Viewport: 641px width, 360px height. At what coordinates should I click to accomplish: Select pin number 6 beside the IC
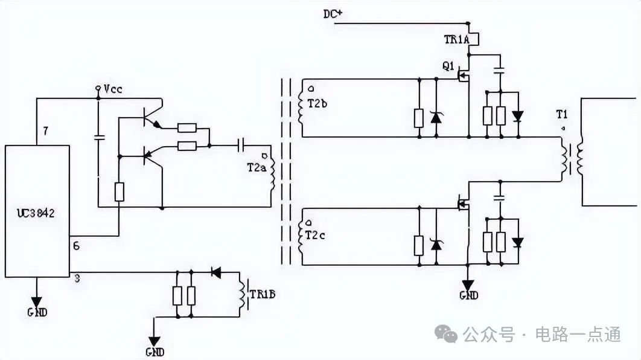click(76, 246)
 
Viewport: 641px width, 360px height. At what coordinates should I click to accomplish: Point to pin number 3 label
click(77, 278)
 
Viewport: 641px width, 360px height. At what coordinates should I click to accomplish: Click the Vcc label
click(113, 89)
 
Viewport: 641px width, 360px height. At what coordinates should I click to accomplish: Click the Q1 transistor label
click(447, 66)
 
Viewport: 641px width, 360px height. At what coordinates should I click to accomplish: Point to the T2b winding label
click(317, 103)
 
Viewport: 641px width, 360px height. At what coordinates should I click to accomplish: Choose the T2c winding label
click(317, 236)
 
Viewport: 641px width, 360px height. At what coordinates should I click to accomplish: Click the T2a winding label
click(256, 167)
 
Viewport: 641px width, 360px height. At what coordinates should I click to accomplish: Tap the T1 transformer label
click(562, 114)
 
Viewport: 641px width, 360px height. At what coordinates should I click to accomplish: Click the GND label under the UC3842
click(37, 312)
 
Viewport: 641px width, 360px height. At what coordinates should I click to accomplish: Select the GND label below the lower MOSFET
click(468, 295)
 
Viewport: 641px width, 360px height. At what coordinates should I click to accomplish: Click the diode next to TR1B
click(215, 272)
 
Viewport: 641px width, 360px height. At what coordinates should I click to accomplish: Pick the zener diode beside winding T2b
click(435, 117)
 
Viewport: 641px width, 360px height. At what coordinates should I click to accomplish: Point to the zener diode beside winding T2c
click(435, 245)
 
